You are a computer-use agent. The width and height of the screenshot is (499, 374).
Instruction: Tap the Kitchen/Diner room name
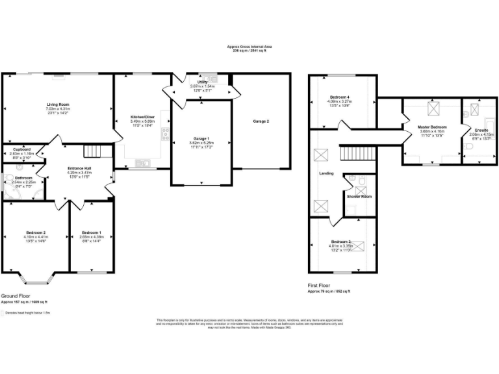[143, 118]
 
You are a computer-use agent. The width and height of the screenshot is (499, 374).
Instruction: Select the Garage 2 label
[261, 121]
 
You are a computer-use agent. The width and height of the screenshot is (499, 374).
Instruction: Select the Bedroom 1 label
[90, 232]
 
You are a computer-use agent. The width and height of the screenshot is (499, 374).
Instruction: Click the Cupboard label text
[22, 149]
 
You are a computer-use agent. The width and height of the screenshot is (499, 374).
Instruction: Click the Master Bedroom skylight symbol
[430, 108]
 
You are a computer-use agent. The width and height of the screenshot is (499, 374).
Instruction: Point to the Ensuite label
[481, 131]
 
